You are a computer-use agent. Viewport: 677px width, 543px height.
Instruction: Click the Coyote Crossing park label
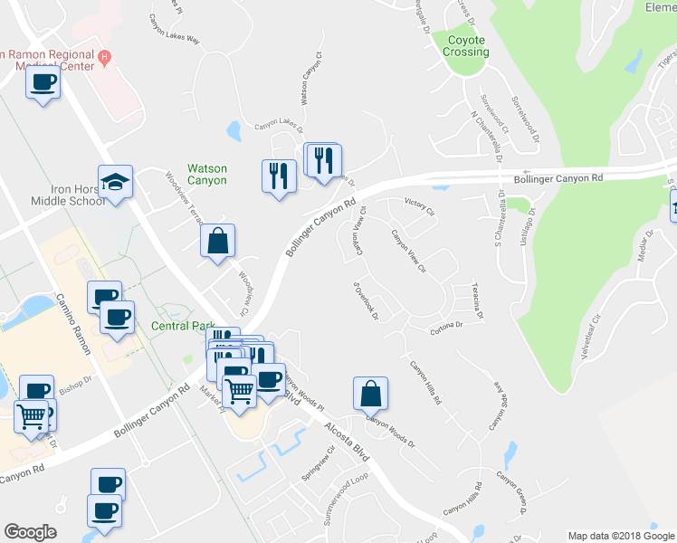click(x=466, y=45)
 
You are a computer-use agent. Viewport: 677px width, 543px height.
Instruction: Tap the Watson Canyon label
click(x=206, y=174)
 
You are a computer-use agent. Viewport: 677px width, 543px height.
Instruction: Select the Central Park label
click(x=183, y=326)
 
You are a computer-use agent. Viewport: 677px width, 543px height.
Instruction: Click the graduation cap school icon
click(x=116, y=182)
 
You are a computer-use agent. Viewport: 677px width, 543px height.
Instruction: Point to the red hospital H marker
click(x=105, y=57)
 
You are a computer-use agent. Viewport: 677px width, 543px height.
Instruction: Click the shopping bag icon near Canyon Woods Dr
click(x=370, y=394)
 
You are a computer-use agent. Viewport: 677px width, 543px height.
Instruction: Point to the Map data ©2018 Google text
click(x=620, y=536)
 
